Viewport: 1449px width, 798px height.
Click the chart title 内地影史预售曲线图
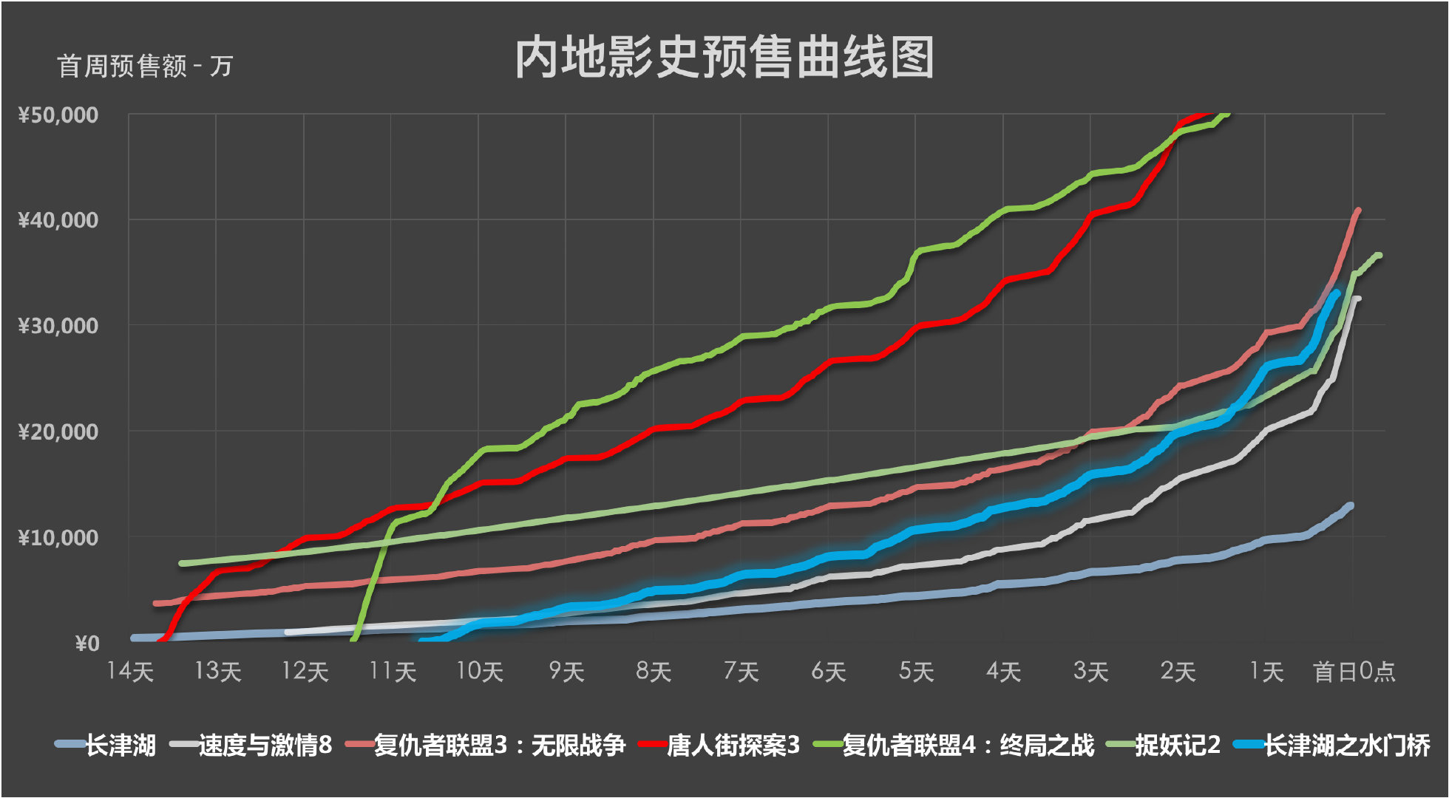pyautogui.click(x=724, y=58)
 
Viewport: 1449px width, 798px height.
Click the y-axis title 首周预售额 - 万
pyautogui.click(x=145, y=66)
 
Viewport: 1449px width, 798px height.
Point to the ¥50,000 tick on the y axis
pyautogui.click(x=58, y=115)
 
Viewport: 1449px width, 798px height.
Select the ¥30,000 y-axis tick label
pyautogui.click(x=58, y=326)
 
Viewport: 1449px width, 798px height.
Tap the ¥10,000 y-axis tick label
pyautogui.click(x=58, y=538)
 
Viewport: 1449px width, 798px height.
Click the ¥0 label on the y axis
pyautogui.click(x=86, y=644)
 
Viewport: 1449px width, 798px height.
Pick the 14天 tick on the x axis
pyautogui.click(x=130, y=672)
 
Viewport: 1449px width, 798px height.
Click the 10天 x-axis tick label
pyautogui.click(x=479, y=672)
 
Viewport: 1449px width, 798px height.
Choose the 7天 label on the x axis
pyautogui.click(x=742, y=672)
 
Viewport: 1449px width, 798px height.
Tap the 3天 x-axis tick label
pyautogui.click(x=1090, y=672)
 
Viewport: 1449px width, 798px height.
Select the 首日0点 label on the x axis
pyautogui.click(x=1354, y=672)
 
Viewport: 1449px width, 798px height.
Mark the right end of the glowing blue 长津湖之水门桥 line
pyautogui.click(x=1336, y=293)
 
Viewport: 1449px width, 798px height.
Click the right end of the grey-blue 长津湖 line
pyautogui.click(x=1350, y=506)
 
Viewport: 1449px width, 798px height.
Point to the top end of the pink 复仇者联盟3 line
pyautogui.click(x=1358, y=211)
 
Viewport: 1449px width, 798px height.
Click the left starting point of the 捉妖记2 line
pyautogui.click(x=181, y=563)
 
